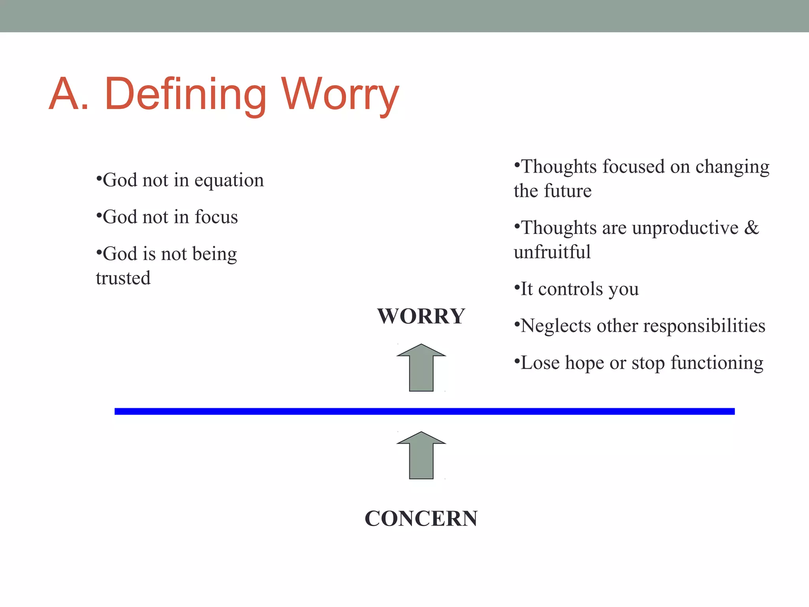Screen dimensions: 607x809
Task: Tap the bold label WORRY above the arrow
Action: point(421,316)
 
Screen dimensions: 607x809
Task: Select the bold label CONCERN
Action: point(421,518)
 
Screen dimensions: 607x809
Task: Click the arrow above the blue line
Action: point(421,368)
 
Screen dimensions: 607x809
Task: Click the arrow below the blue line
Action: point(421,455)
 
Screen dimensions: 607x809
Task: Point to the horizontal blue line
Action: point(425,411)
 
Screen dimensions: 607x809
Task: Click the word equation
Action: point(229,181)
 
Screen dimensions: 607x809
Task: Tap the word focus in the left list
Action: point(216,217)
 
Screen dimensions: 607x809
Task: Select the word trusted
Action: point(123,278)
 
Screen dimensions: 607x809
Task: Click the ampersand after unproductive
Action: point(751,228)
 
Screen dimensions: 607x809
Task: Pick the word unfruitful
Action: point(552,252)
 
